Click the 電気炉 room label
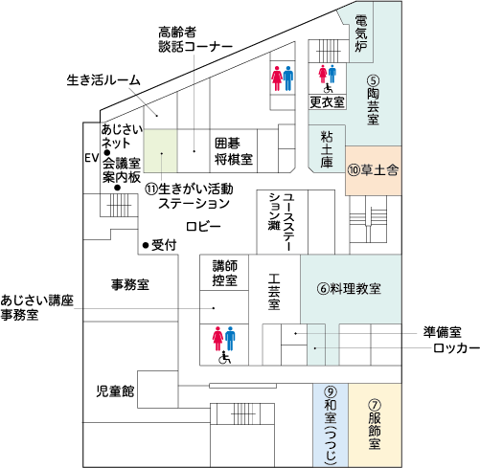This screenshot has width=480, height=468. pyautogui.click(x=361, y=33)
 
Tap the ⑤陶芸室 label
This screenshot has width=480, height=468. pyautogui.click(x=373, y=100)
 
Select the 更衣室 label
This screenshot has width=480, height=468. pyautogui.click(x=327, y=102)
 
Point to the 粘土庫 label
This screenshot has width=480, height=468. pyautogui.click(x=327, y=149)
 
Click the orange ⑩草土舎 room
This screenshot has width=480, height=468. pyautogui.click(x=374, y=170)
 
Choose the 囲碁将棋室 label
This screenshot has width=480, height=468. pyautogui.click(x=234, y=151)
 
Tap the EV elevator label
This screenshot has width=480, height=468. pyautogui.click(x=92, y=158)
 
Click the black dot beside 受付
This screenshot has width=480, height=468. pyautogui.click(x=146, y=245)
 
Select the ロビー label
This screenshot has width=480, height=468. pyautogui.click(x=203, y=227)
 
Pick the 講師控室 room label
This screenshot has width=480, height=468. pyautogui.click(x=225, y=273)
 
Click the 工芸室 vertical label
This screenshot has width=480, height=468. pyautogui.click(x=274, y=292)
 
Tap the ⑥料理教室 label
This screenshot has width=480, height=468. pyautogui.click(x=349, y=288)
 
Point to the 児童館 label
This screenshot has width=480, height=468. pyautogui.click(x=115, y=391)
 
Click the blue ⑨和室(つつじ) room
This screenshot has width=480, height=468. pyautogui.click(x=331, y=425)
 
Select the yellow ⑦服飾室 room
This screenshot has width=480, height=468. pyautogui.click(x=375, y=425)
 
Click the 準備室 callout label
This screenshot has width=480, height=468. pyautogui.click(x=443, y=332)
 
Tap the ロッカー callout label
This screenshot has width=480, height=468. pyautogui.click(x=456, y=348)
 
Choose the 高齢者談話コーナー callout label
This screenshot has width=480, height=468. pyautogui.click(x=195, y=39)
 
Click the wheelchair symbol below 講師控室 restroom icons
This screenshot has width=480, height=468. pyautogui.click(x=224, y=357)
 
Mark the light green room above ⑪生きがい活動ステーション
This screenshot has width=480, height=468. pyautogui.click(x=161, y=151)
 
